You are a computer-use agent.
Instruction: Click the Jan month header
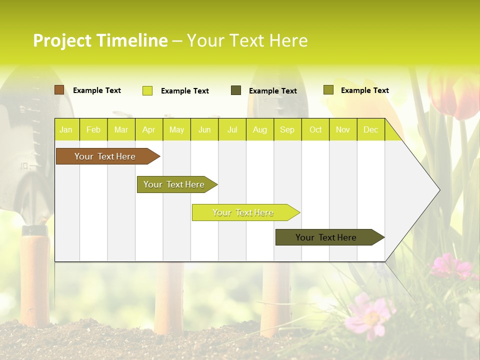66,130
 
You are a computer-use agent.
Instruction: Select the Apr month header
149,130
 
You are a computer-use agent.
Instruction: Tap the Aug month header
260,130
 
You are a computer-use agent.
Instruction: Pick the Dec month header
370,130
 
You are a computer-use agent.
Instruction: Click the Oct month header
315,130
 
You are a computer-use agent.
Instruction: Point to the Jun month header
204,130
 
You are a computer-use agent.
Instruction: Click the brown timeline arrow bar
105,156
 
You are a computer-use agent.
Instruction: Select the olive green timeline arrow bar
174,184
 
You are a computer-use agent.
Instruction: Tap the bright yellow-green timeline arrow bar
243,212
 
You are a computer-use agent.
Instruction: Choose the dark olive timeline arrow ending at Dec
326,237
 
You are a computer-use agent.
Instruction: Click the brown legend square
59,90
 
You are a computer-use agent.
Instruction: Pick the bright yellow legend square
147,90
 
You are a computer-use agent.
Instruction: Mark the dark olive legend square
236,90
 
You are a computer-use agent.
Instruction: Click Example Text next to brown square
97,90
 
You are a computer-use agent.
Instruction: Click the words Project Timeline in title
100,40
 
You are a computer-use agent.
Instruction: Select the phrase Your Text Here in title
247,40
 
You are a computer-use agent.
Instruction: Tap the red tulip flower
452,95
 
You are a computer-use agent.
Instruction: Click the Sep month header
287,130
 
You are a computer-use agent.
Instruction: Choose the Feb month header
93,130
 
